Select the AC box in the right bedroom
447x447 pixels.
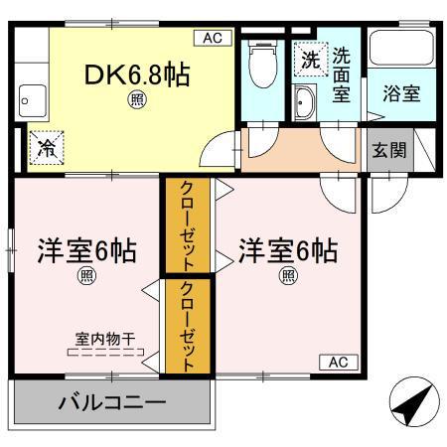click(337, 362)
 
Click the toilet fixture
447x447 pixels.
click(263, 64)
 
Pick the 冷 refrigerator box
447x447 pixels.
click(46, 148)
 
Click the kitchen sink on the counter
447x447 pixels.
click(30, 99)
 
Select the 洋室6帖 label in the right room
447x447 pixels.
click(286, 250)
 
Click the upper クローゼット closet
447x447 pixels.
click(186, 224)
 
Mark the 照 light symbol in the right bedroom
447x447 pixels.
click(287, 275)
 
